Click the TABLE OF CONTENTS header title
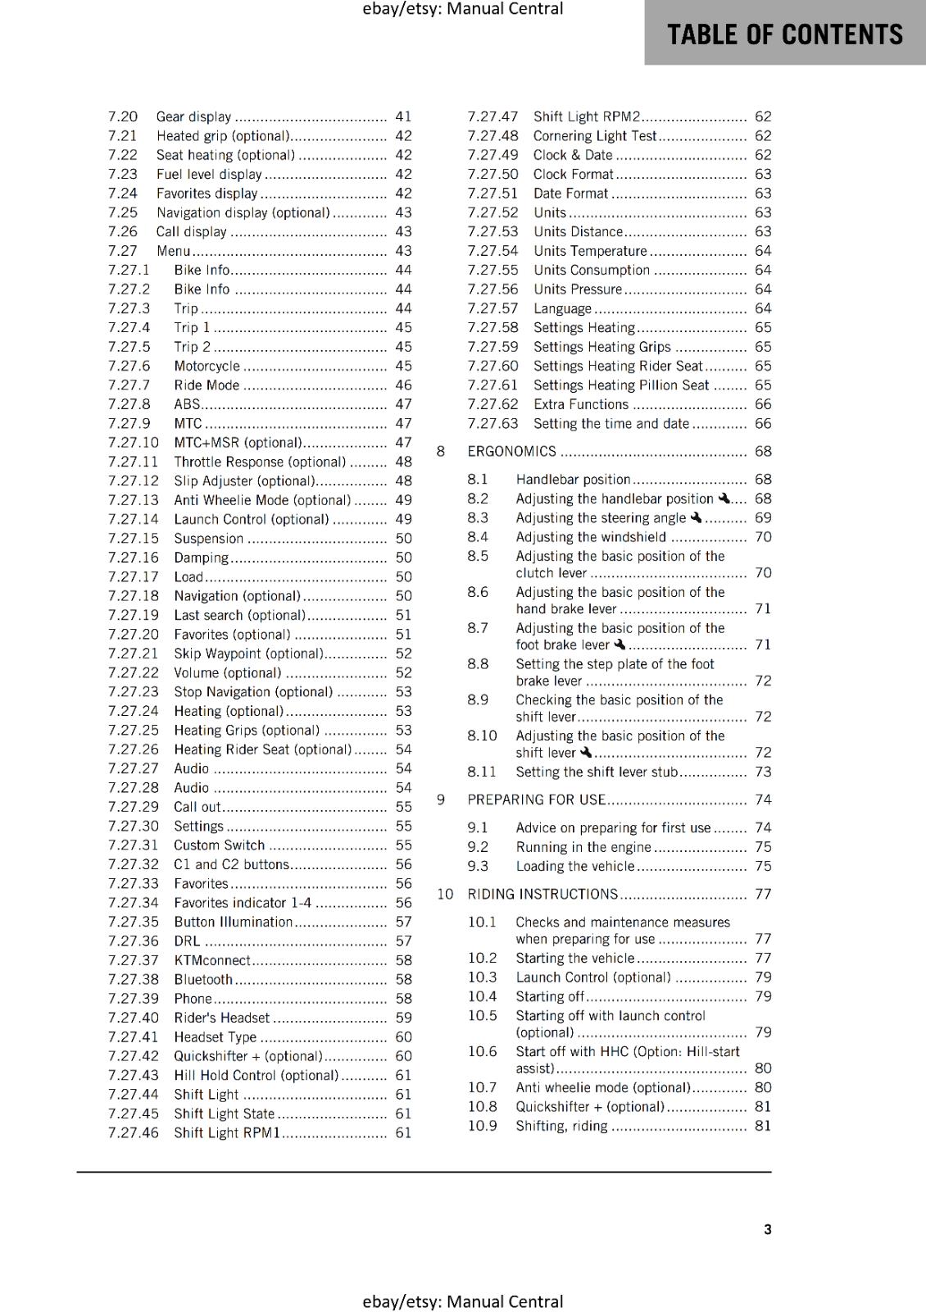coord(784,34)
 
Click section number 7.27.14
coord(133,519)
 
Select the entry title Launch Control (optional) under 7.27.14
coord(251,519)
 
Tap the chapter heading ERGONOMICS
coord(511,451)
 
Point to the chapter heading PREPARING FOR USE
coord(536,799)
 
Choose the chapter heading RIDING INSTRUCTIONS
coord(542,894)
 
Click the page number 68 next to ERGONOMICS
coord(763,451)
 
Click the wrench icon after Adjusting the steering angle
coord(696,517)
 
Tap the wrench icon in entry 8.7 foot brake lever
coord(620,645)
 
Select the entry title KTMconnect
coord(212,960)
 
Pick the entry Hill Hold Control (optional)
coord(256,1075)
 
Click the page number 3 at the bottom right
coord(767,1229)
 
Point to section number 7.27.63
coord(493,424)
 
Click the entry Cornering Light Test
coord(595,136)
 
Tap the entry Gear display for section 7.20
coord(193,116)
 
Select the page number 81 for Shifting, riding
coord(763,1126)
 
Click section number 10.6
coord(482,1051)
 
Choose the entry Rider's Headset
coord(221,1018)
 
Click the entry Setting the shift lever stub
coord(597,772)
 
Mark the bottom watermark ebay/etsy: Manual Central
coord(462,1301)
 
